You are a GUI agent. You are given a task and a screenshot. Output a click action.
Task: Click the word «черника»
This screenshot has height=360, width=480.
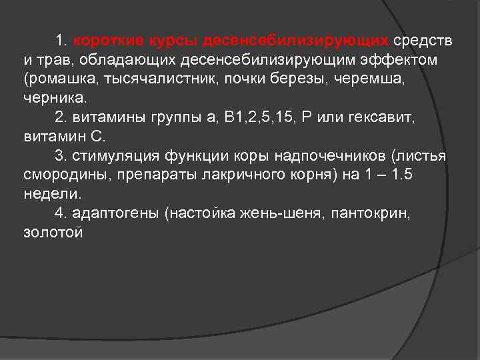click(x=53, y=99)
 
